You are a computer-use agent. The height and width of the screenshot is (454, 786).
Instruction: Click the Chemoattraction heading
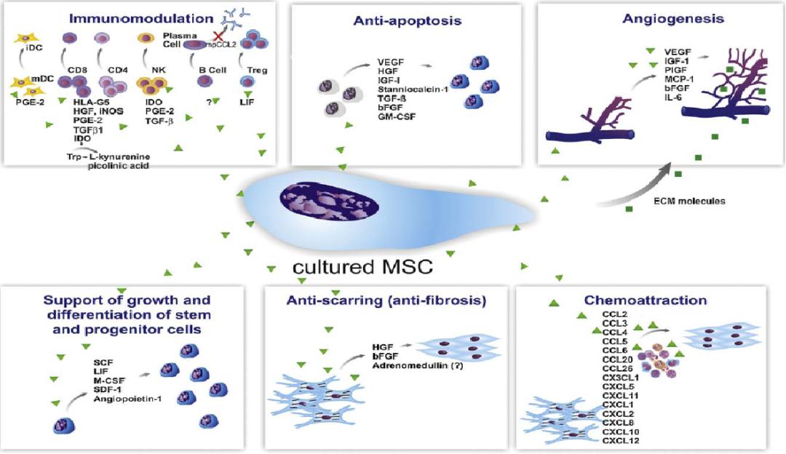click(646, 300)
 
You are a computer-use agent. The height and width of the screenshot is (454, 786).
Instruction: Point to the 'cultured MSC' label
click(363, 266)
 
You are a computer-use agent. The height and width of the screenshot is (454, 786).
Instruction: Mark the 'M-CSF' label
click(108, 380)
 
